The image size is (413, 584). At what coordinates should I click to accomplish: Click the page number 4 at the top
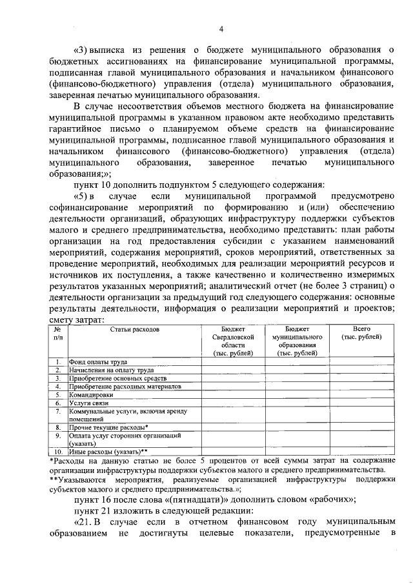[221, 28]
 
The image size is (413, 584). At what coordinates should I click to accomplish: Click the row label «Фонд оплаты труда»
[98, 362]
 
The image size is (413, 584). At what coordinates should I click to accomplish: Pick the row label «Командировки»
[91, 394]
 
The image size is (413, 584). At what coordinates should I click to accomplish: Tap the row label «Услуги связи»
[90, 402]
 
